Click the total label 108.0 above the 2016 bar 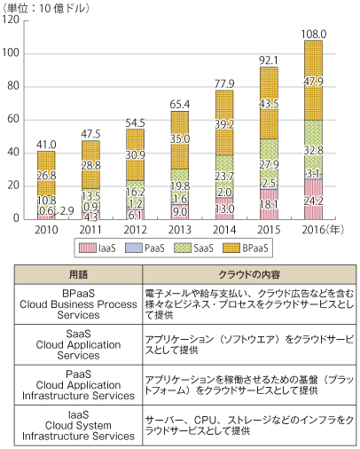tap(314, 35)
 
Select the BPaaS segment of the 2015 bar tap(269, 103)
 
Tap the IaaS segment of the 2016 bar tap(313, 199)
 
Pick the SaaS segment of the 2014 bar tap(224, 176)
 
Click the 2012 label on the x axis tap(135, 230)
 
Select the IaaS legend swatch tap(88, 248)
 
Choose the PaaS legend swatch tap(134, 248)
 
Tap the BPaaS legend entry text tap(255, 248)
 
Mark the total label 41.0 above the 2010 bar tap(46, 145)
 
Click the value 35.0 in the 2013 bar tap(180, 138)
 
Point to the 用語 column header tap(78, 274)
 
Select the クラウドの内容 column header tap(249, 274)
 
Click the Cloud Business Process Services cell tap(78, 304)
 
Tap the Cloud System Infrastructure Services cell tap(78, 425)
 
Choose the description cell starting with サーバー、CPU tap(249, 425)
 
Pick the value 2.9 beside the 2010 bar tap(67, 211)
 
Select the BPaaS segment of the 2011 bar tap(90, 164)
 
